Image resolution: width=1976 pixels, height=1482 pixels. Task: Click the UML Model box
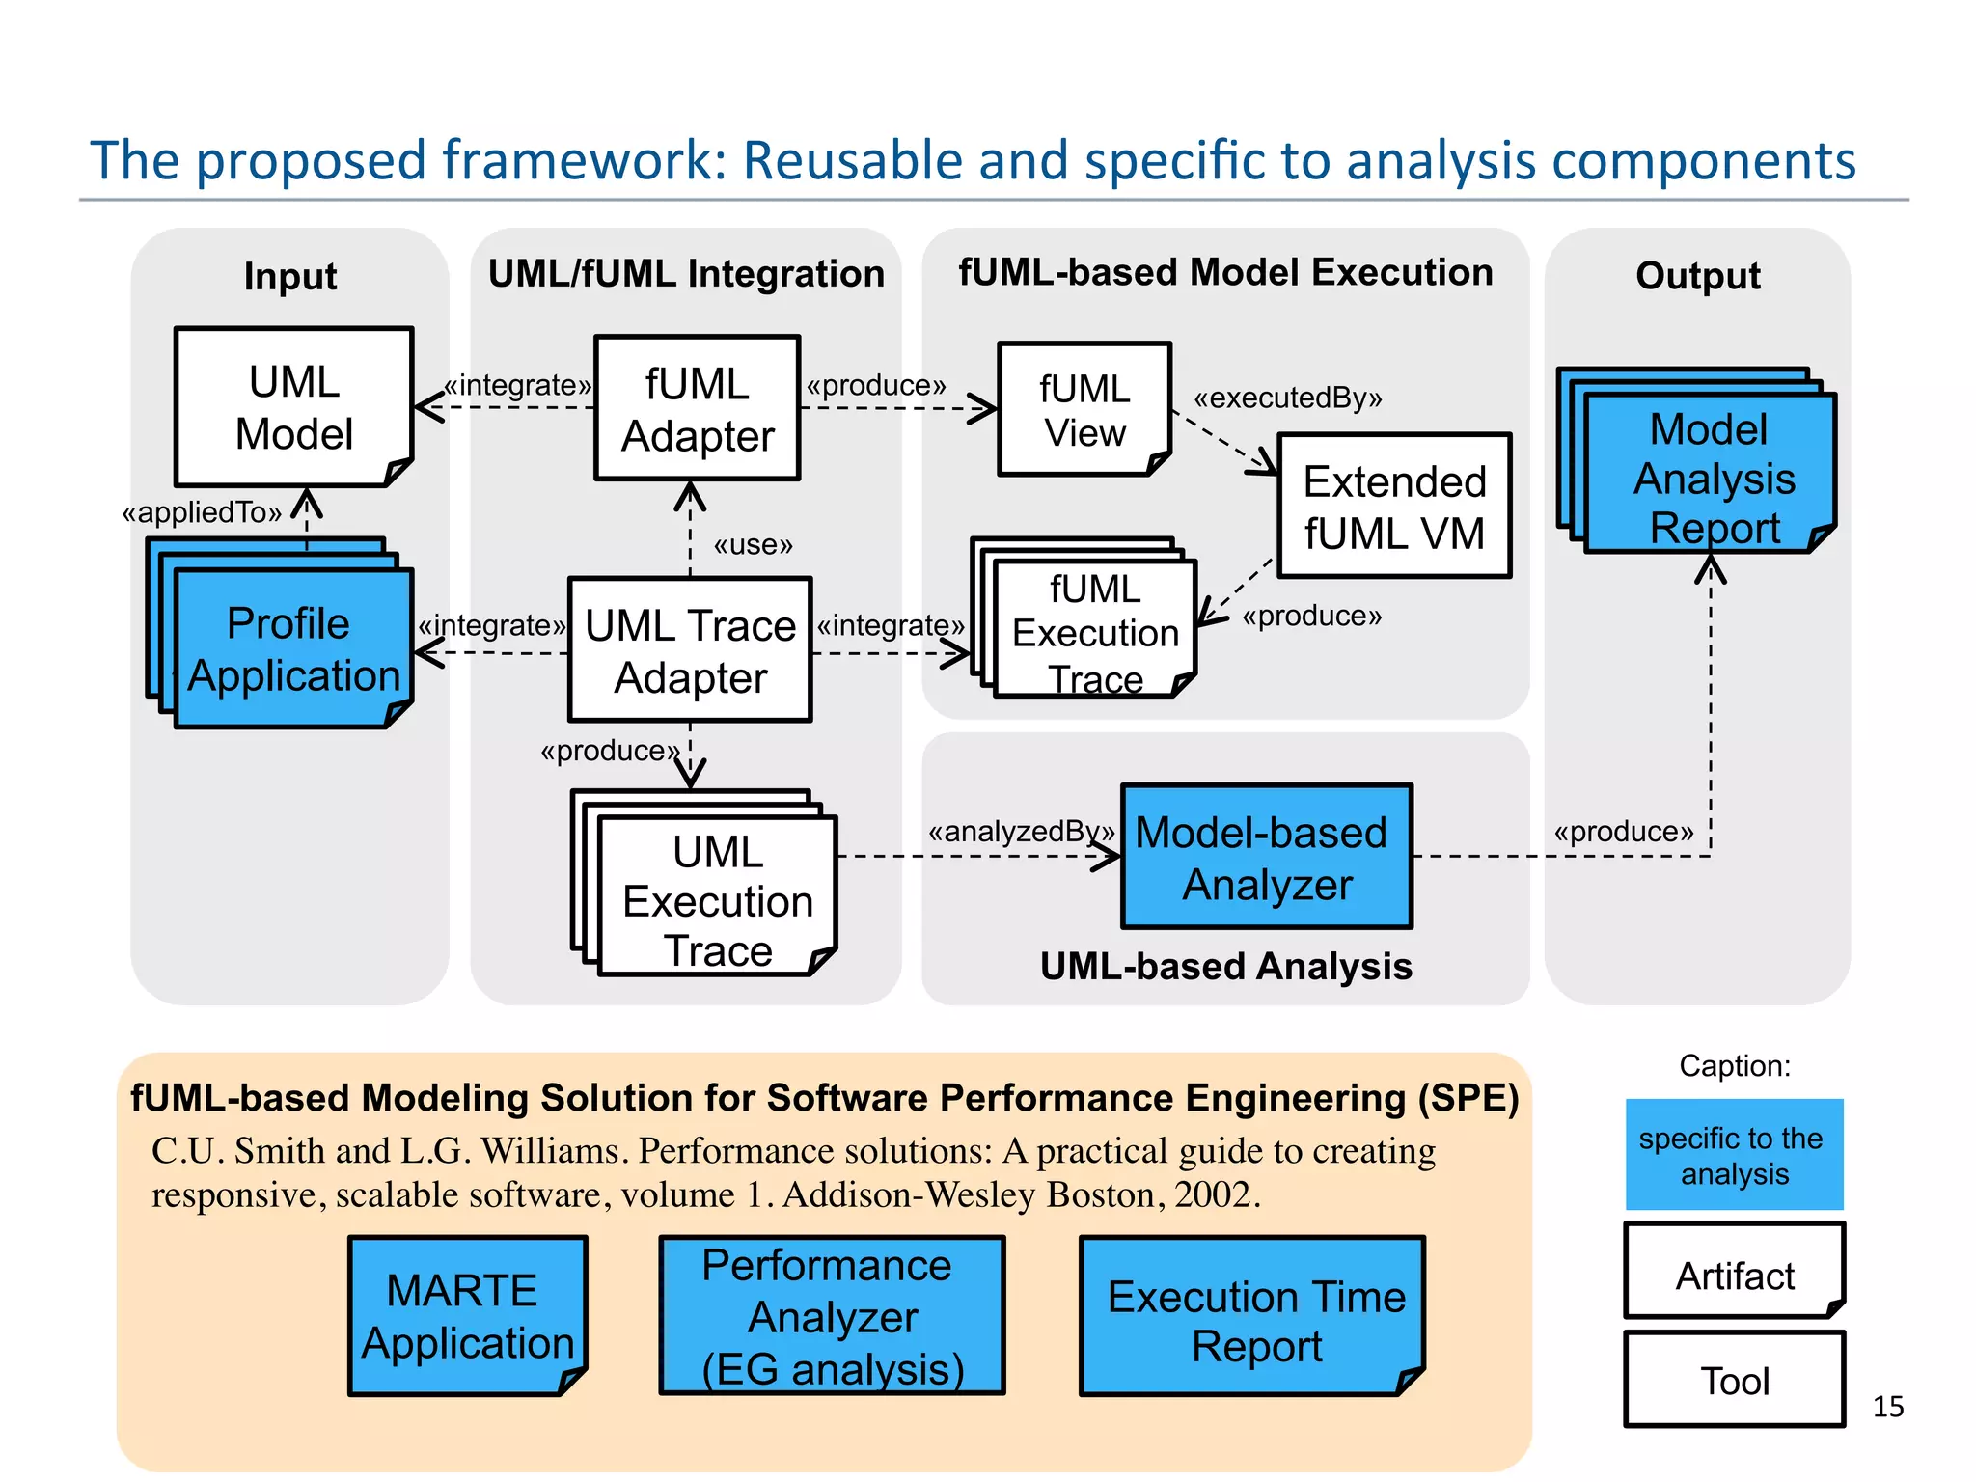tap(293, 407)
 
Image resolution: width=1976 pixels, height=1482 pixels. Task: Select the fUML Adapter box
tap(697, 408)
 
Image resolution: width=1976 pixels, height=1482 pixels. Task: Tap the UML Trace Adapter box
tap(690, 649)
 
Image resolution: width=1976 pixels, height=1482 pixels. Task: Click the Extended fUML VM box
tap(1394, 506)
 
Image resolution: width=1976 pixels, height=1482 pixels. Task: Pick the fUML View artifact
tap(1084, 409)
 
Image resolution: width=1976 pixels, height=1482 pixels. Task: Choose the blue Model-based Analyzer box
tap(1266, 857)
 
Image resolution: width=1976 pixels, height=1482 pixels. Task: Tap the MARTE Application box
tap(467, 1316)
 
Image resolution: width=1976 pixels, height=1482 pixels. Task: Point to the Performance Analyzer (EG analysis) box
tap(832, 1316)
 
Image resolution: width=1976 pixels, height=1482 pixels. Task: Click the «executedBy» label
tap(1287, 398)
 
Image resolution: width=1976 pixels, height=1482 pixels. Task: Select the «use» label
tap(753, 545)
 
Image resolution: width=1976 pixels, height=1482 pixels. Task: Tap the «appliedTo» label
tap(202, 512)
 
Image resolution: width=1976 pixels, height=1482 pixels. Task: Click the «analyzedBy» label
tap(1021, 831)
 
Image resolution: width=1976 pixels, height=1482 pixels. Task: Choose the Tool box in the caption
tap(1734, 1380)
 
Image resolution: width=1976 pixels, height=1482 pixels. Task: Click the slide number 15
tap(1887, 1407)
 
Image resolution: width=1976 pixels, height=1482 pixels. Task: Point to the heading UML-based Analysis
tap(1225, 966)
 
